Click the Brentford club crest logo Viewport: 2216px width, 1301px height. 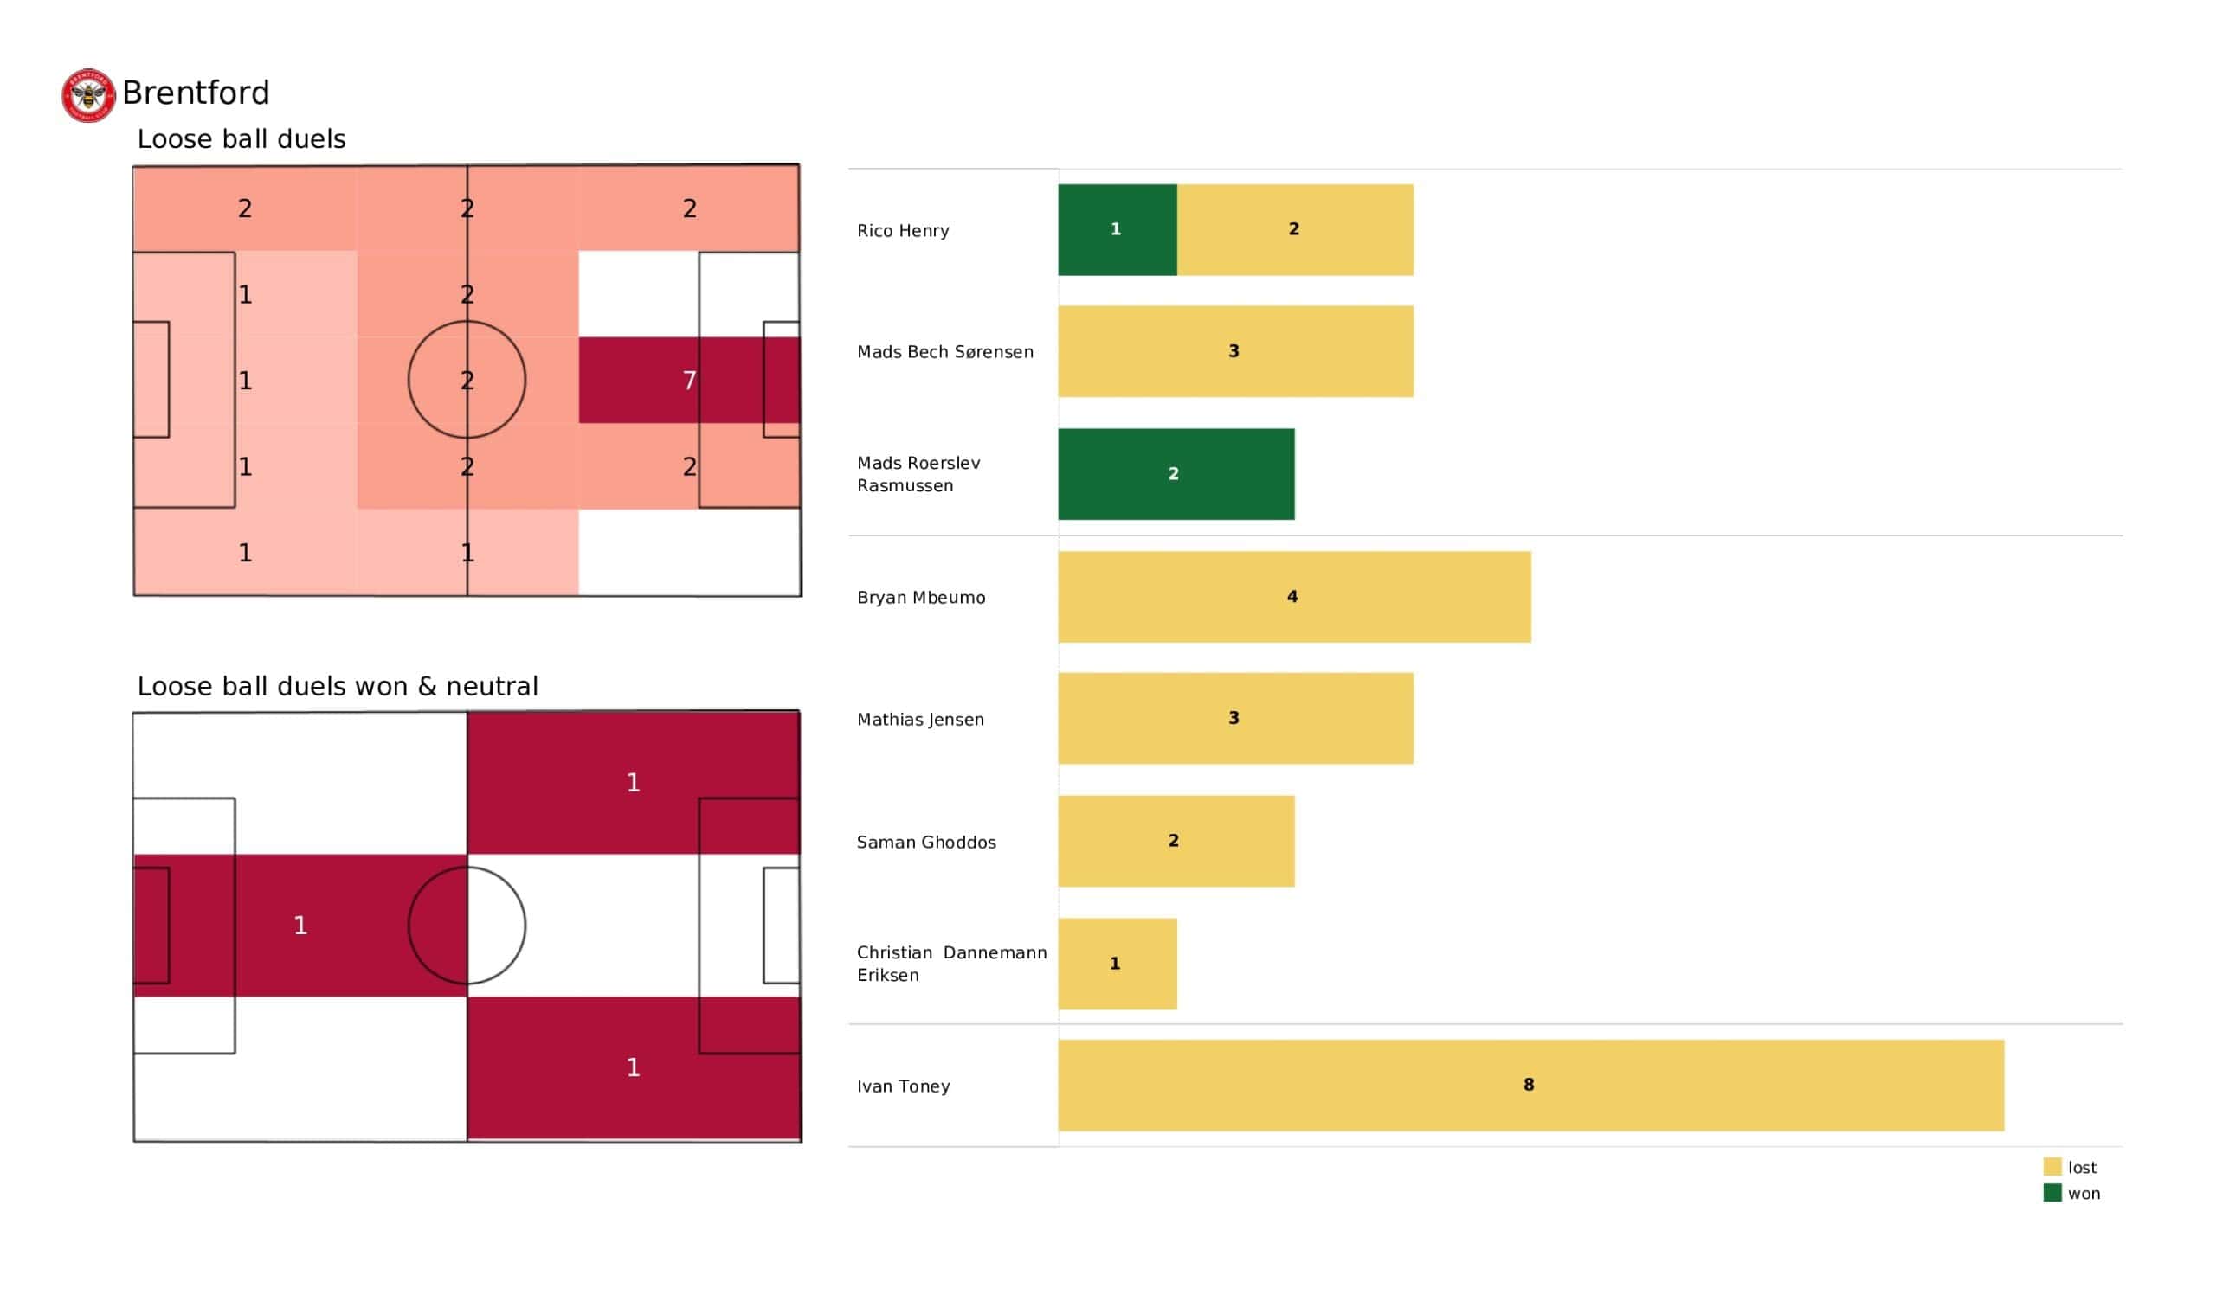click(88, 96)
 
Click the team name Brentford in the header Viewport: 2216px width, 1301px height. click(196, 93)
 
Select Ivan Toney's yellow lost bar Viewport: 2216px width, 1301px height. click(1530, 1085)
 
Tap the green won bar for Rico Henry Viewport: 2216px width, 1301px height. click(1117, 229)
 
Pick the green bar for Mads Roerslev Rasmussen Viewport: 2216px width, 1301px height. click(1176, 474)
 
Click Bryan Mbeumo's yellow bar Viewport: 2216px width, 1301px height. click(1293, 597)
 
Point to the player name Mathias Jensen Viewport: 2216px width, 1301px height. click(920, 720)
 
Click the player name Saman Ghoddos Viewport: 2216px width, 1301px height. click(926, 843)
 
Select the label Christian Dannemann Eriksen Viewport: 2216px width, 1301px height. click(950, 964)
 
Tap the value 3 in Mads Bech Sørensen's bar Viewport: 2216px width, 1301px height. click(1234, 351)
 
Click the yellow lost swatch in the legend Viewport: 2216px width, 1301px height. click(2052, 1167)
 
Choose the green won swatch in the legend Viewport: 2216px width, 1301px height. click(2052, 1193)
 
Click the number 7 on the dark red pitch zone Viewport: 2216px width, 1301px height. click(689, 381)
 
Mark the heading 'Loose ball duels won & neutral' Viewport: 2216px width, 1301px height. click(337, 686)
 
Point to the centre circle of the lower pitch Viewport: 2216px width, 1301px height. click(467, 925)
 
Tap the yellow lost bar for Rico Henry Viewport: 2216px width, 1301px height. click(1294, 229)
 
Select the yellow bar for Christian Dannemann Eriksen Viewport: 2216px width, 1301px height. click(1117, 964)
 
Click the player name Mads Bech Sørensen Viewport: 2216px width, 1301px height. click(944, 351)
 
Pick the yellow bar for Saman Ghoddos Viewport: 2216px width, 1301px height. click(1176, 842)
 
